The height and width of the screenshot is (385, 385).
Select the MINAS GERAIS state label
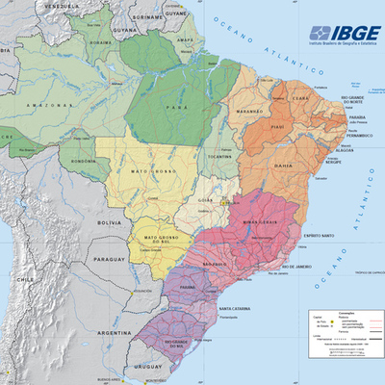click(x=260, y=222)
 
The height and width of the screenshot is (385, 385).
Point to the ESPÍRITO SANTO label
click(x=319, y=236)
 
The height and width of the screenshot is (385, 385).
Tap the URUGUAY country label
click(x=146, y=367)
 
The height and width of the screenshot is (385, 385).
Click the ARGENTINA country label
click(x=113, y=332)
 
